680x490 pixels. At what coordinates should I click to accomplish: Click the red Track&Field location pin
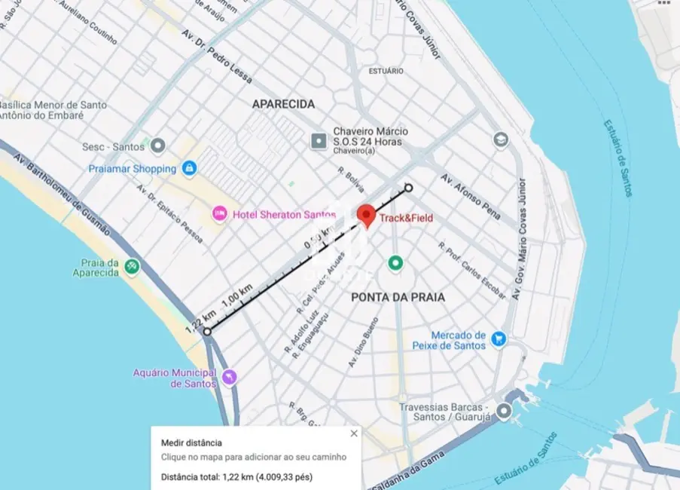coord(367,215)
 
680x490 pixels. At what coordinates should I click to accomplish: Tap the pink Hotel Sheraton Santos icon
coord(219,214)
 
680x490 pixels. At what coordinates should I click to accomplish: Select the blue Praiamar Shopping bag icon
coord(189,168)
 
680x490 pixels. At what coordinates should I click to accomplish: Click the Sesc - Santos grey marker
coord(157,145)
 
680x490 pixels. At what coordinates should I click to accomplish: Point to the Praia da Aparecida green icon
coord(133,265)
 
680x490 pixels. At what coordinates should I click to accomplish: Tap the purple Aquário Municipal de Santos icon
coord(229,376)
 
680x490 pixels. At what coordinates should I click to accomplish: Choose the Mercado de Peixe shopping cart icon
coord(498,339)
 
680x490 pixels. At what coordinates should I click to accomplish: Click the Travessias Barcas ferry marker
coord(503,411)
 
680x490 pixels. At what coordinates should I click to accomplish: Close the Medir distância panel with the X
coord(354,433)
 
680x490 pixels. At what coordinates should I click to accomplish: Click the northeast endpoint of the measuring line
coord(409,188)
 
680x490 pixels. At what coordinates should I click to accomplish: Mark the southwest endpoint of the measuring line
coord(207,330)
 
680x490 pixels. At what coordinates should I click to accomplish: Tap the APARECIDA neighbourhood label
coord(283,104)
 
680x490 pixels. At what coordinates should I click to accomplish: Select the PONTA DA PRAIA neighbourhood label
coord(398,297)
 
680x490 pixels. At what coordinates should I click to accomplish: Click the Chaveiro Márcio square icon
coord(319,140)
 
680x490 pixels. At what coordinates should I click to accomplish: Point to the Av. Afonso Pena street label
coord(471,197)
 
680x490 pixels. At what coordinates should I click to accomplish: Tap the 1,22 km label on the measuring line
coord(200,320)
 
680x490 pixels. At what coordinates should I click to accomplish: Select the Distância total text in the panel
coord(236,476)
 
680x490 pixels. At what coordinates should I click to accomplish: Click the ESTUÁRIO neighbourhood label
coord(386,71)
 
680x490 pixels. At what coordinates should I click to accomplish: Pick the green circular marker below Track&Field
coord(395,263)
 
